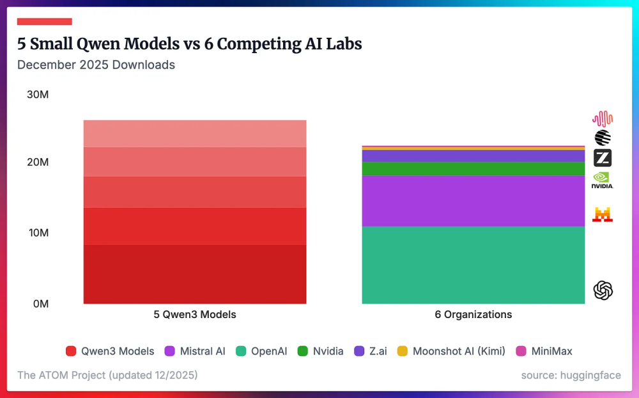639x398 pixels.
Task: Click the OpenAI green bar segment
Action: pos(473,265)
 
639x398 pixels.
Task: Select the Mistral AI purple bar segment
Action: pos(473,201)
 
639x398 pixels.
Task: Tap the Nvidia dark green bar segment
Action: pos(473,168)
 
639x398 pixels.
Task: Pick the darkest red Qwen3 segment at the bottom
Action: pos(195,274)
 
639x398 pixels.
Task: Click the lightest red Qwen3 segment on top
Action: pos(195,134)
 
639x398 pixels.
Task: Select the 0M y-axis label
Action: pos(40,303)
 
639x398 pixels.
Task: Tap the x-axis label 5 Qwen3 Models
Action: pos(195,315)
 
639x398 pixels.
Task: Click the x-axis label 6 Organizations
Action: pos(473,315)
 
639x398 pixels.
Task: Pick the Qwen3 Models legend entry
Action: pos(110,351)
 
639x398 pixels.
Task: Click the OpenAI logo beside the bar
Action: pos(603,291)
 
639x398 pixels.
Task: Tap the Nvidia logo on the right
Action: pos(603,180)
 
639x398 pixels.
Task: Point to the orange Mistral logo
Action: pos(603,214)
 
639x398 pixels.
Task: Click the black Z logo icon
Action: pos(603,157)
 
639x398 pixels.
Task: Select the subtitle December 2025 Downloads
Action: pos(96,65)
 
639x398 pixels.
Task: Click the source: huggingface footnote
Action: pos(571,375)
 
